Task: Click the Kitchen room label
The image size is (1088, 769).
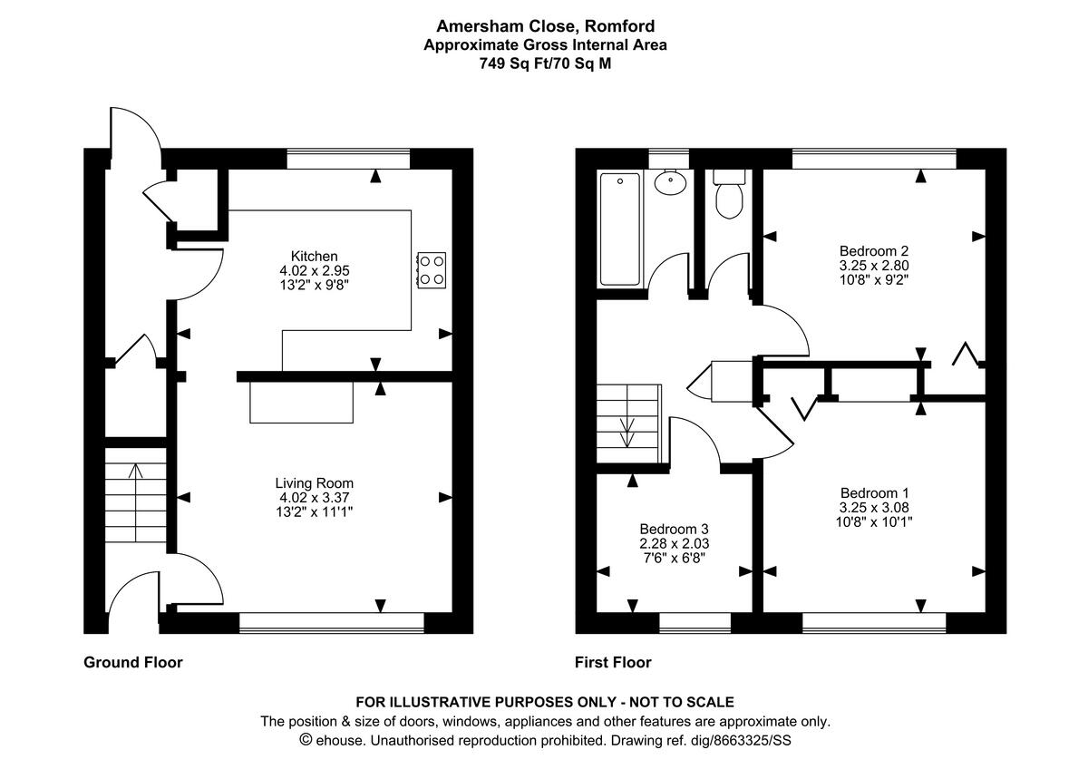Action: [314, 256]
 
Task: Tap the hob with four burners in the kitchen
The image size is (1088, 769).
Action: [431, 269]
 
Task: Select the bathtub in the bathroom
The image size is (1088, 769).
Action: [619, 229]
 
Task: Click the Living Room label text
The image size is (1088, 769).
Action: [314, 483]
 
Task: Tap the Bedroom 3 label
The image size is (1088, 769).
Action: [674, 529]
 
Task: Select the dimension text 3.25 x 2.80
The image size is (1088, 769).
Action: [873, 266]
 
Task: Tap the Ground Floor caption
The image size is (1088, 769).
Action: [133, 663]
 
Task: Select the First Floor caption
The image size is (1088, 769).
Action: [613, 663]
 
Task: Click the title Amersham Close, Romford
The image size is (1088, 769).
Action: [544, 25]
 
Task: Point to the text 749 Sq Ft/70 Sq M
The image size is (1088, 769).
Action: [544, 63]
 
